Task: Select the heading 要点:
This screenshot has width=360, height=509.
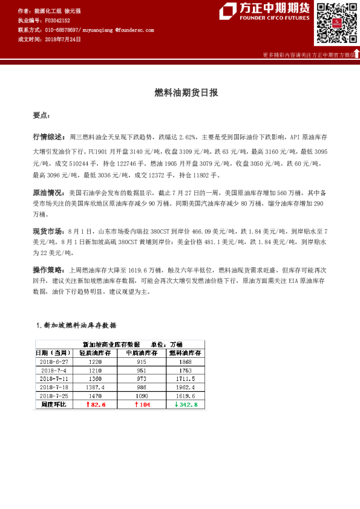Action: click(x=41, y=115)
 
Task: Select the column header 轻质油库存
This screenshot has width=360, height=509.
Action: click(x=96, y=352)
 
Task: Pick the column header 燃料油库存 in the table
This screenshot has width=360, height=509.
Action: click(x=183, y=352)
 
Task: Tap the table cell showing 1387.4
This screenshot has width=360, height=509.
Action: click(x=96, y=386)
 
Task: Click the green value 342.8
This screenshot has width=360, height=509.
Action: click(x=186, y=404)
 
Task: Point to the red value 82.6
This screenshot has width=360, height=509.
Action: click(x=96, y=404)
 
